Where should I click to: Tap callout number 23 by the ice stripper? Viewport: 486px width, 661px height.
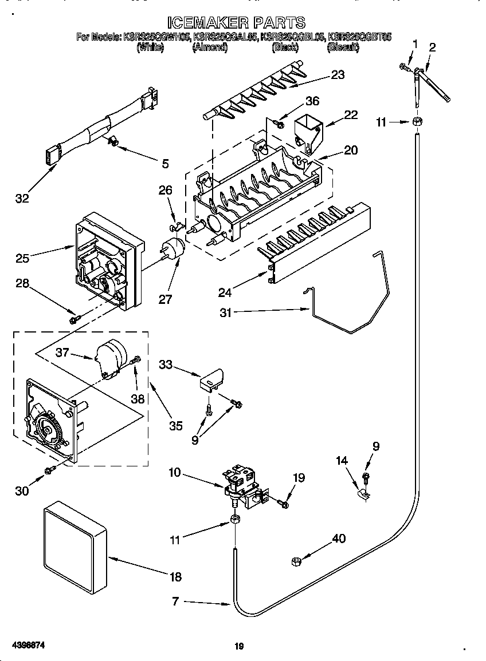[x=338, y=75]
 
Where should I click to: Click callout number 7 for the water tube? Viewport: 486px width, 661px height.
[x=176, y=601]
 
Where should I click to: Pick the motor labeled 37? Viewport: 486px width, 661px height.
[x=110, y=358]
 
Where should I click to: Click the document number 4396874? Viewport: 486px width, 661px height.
[x=26, y=645]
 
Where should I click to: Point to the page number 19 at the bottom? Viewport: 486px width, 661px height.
[x=240, y=647]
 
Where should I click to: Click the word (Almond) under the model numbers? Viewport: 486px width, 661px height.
[x=210, y=48]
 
